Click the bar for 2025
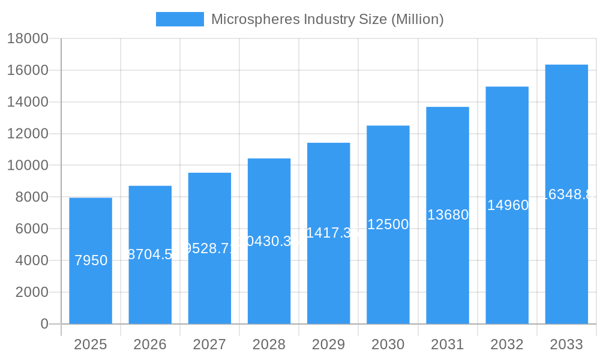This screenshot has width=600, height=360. pyautogui.click(x=91, y=288)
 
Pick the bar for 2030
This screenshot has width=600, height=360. pyautogui.click(x=388, y=270)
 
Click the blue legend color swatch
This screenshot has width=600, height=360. pyautogui.click(x=179, y=19)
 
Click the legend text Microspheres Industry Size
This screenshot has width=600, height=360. pyautogui.click(x=327, y=19)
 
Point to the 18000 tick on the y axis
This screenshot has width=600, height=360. pyautogui.click(x=27, y=39)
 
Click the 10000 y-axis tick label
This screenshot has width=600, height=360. pyautogui.click(x=27, y=166)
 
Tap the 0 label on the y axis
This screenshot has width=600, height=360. pyautogui.click(x=44, y=324)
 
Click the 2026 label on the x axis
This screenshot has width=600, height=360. pyautogui.click(x=150, y=344)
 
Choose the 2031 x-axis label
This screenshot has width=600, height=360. pyautogui.click(x=448, y=344)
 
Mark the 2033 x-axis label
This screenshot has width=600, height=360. pyautogui.click(x=566, y=344)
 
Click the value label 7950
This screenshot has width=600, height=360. pyautogui.click(x=91, y=260)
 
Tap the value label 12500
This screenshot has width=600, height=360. pyautogui.click(x=388, y=224)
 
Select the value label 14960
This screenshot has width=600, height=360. pyautogui.click(x=508, y=205)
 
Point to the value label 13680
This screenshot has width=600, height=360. pyautogui.click(x=448, y=215)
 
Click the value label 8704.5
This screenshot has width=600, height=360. pyautogui.click(x=150, y=254)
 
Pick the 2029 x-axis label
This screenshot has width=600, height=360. pyautogui.click(x=329, y=344)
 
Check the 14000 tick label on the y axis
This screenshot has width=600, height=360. pyautogui.click(x=27, y=102)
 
